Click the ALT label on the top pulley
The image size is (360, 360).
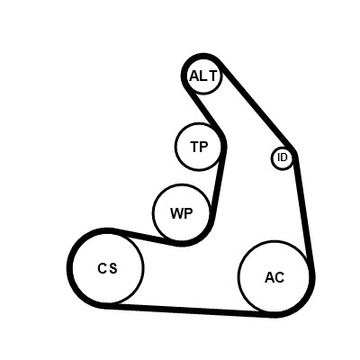(x=202, y=76)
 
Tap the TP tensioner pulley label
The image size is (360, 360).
(x=199, y=147)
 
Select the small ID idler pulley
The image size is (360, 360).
(x=283, y=158)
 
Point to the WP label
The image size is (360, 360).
(x=182, y=213)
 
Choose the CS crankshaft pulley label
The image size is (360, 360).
(x=107, y=268)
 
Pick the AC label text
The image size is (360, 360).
(x=274, y=277)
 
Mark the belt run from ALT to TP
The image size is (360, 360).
(x=206, y=111)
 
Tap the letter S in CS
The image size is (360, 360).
(x=112, y=268)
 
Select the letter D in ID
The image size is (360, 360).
(x=284, y=157)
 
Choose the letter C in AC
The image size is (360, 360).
(x=279, y=277)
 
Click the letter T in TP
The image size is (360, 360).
(x=194, y=147)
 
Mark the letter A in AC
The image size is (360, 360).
(x=269, y=277)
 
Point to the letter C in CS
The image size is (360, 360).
(x=102, y=268)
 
